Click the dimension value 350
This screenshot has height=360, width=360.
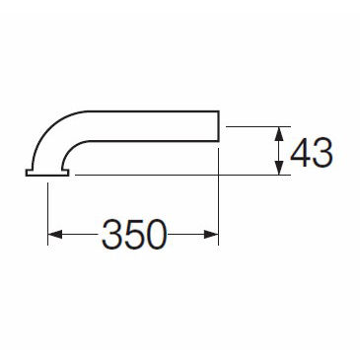pyautogui.click(x=134, y=235)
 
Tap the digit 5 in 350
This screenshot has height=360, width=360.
pyautogui.click(x=134, y=235)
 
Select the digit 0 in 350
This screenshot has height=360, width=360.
pyautogui.click(x=156, y=235)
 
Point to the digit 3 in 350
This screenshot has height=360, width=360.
pyautogui.click(x=112, y=235)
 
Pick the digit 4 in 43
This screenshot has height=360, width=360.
pyautogui.click(x=300, y=153)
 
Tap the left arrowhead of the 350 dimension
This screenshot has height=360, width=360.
pyautogui.click(x=55, y=235)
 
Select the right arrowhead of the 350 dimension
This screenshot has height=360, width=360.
pyautogui.click(x=211, y=235)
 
